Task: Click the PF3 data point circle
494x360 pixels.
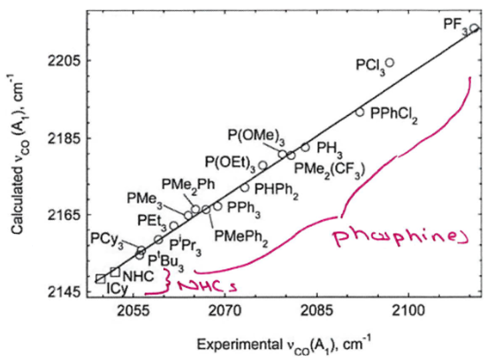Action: click(x=474, y=28)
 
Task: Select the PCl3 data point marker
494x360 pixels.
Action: click(x=390, y=63)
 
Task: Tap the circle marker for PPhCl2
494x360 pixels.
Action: click(x=360, y=112)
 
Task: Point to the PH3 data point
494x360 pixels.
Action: click(x=305, y=147)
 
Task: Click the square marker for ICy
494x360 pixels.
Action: click(x=100, y=279)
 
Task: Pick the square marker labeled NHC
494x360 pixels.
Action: click(x=115, y=272)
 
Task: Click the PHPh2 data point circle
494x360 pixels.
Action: click(x=245, y=187)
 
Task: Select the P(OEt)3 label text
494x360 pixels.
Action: click(x=231, y=164)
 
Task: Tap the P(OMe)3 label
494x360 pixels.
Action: click(x=257, y=137)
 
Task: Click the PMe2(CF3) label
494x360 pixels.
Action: click(x=330, y=170)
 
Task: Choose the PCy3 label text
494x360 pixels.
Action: click(x=107, y=240)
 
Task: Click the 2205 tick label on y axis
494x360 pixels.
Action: click(x=62, y=60)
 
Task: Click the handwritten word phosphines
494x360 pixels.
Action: click(x=400, y=239)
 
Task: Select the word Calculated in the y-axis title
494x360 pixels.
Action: click(x=17, y=203)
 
